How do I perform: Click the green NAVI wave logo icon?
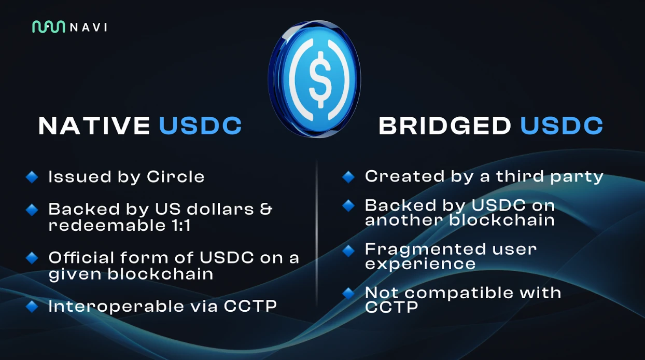[x=48, y=27]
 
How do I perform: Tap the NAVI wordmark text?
[x=89, y=27]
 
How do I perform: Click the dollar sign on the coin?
[x=319, y=79]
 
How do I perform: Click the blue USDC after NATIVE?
[x=201, y=126]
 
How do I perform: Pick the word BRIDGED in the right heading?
[x=444, y=126]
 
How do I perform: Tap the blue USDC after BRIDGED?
[x=562, y=126]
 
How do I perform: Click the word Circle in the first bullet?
[x=176, y=176]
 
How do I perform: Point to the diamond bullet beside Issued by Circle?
[x=32, y=177]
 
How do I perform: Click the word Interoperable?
[x=116, y=306]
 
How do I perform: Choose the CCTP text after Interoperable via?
[x=250, y=306]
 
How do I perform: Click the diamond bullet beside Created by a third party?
[x=348, y=177]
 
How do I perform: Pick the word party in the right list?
[x=577, y=177]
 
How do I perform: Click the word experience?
[x=420, y=264]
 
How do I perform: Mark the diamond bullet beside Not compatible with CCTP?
[x=348, y=294]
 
